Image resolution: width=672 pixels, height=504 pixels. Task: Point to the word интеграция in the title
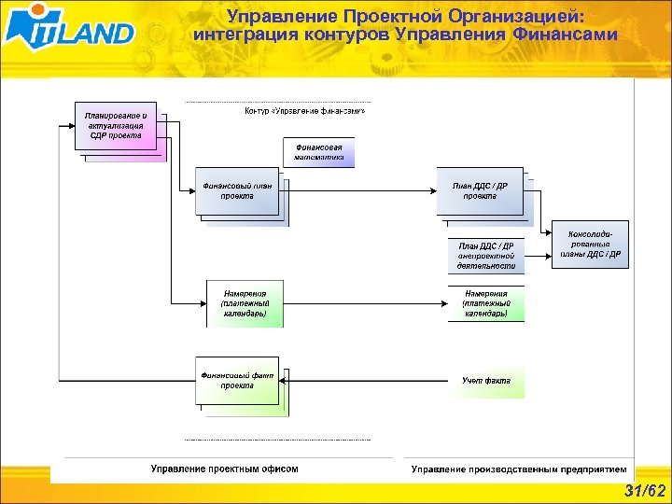pyautogui.click(x=245, y=35)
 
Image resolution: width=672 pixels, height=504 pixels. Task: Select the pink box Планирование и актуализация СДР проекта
pyautogui.click(x=116, y=125)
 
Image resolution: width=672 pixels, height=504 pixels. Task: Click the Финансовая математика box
pyautogui.click(x=319, y=152)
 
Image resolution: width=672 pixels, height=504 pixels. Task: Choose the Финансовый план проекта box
pyautogui.click(x=236, y=191)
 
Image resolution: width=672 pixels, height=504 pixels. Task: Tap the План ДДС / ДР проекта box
pyautogui.click(x=480, y=191)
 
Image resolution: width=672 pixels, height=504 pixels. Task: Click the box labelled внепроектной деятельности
pyautogui.click(x=486, y=256)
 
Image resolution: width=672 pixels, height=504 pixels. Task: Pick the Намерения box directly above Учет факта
pyautogui.click(x=486, y=304)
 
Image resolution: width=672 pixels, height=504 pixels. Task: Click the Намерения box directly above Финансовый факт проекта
pyautogui.click(x=244, y=304)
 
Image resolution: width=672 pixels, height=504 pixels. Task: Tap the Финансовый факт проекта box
pyautogui.click(x=237, y=381)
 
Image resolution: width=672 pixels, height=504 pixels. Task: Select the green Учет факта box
pyautogui.click(x=486, y=381)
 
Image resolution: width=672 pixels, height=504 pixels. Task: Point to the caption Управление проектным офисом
pyautogui.click(x=224, y=469)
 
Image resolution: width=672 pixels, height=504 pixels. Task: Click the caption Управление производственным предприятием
pyautogui.click(x=519, y=469)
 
